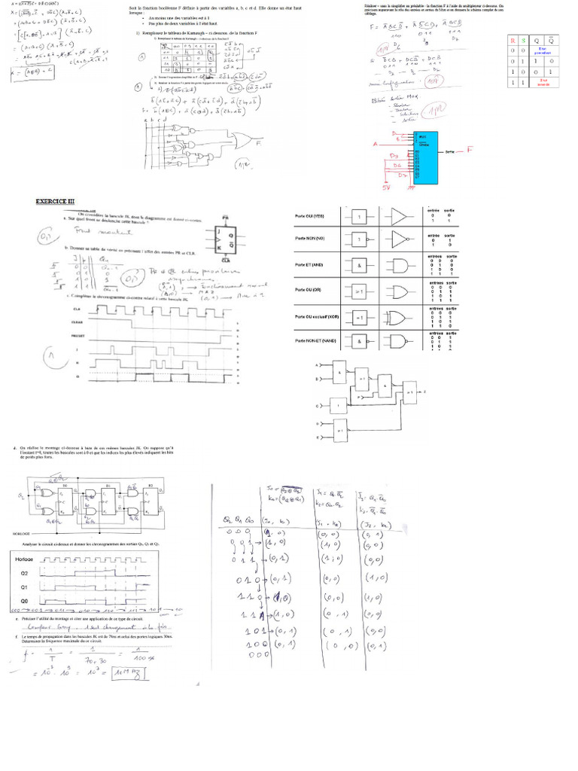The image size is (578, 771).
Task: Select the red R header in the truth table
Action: click(x=513, y=39)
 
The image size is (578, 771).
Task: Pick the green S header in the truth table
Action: click(x=525, y=39)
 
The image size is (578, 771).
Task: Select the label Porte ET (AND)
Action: click(x=309, y=265)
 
